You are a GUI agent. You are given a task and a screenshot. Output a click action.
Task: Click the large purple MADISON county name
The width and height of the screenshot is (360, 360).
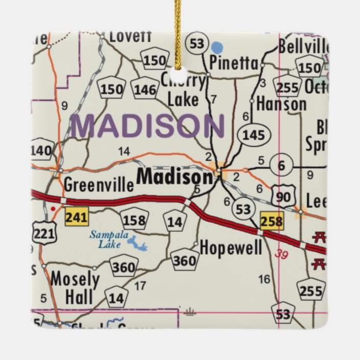point(148,126)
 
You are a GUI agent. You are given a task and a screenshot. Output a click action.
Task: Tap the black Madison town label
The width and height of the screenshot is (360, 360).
point(174,177)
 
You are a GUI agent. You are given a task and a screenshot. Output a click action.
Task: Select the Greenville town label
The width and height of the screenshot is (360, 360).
point(99,184)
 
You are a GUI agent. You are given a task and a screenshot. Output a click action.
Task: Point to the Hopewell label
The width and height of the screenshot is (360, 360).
point(231,249)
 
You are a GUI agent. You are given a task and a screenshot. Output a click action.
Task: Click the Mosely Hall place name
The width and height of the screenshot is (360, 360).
point(75,288)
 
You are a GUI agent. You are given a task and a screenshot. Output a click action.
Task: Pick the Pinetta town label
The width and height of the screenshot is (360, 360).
point(234,64)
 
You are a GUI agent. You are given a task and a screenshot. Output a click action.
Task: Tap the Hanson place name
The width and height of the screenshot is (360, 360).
point(281,104)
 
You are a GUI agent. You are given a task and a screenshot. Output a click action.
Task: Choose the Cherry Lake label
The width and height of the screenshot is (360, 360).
point(183,90)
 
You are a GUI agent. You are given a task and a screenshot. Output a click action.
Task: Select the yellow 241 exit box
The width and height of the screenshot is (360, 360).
point(77,217)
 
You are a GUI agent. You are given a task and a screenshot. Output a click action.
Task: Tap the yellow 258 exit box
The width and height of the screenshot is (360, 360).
point(271,221)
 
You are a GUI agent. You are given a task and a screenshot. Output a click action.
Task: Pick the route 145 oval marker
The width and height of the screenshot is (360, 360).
point(254,135)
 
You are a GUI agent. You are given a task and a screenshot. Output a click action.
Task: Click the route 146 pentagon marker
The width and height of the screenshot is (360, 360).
point(145,90)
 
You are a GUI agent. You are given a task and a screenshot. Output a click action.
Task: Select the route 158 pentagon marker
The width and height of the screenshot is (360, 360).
point(134,221)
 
